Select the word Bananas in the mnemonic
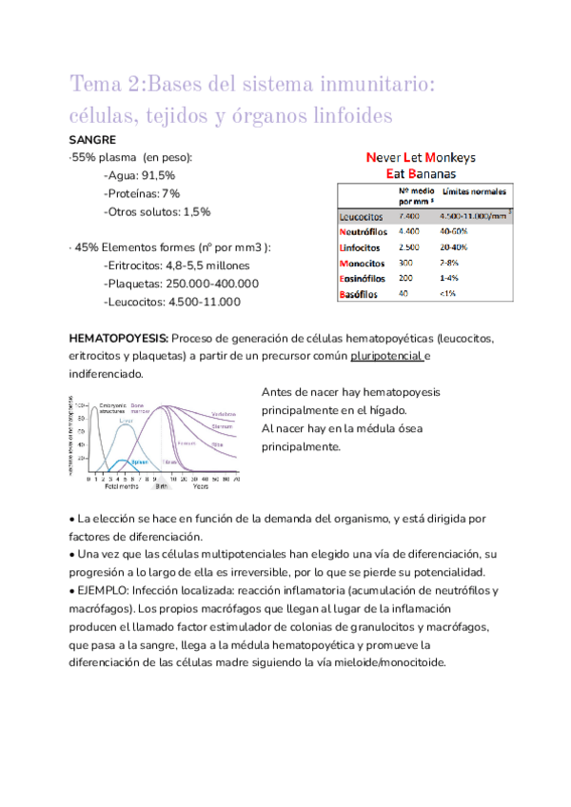point(432,174)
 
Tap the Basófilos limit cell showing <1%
point(447,294)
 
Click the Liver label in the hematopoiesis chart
point(126,417)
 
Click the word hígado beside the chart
point(387,410)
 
